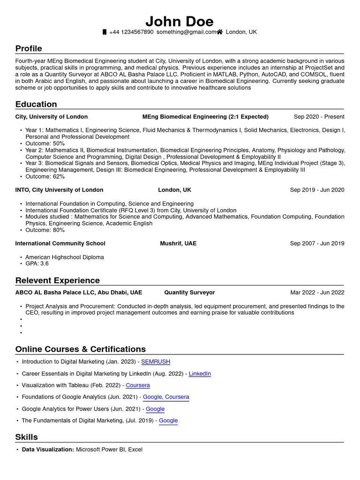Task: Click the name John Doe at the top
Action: [180, 21]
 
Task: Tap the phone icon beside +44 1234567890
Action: [105, 32]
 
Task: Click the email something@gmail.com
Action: [186, 32]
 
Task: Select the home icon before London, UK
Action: [219, 32]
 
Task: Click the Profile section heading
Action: [29, 49]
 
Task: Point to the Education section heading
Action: [36, 104]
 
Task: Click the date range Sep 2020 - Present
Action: [319, 117]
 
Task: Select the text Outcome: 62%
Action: [45, 177]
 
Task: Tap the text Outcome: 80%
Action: [45, 230]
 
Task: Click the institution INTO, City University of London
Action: [59, 190]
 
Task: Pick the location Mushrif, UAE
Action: [178, 243]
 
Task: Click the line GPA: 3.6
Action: [37, 263]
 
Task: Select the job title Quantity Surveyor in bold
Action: [189, 292]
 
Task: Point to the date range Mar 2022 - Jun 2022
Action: [317, 292]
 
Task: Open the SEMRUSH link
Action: [156, 362]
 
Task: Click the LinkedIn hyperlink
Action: [200, 374]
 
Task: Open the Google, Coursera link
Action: [166, 397]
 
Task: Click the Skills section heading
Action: [27, 437]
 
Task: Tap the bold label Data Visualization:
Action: [48, 450]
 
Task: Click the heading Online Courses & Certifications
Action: [81, 349]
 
